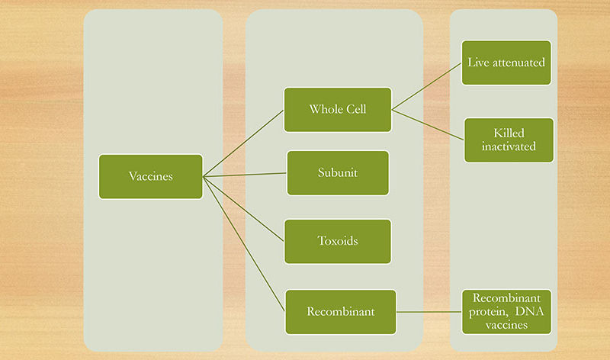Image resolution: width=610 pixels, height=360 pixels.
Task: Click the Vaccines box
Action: [150, 177]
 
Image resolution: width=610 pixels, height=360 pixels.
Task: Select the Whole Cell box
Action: [338, 110]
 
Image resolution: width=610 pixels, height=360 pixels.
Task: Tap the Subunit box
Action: [338, 173]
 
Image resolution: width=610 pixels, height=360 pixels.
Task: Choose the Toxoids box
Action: [338, 241]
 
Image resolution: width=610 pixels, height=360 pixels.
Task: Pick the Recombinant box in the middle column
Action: [341, 312]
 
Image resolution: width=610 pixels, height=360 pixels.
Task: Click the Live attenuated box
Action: [506, 63]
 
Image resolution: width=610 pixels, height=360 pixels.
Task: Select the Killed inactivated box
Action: [509, 140]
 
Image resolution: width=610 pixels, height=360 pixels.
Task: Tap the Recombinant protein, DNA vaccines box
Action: [506, 312]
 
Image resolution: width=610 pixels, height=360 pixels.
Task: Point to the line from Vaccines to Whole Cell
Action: [243, 143]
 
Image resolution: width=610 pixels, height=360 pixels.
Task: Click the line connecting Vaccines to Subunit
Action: [245, 175]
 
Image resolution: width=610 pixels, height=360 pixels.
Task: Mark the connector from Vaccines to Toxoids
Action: [243, 209]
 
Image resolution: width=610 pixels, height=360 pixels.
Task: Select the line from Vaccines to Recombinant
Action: [244, 244]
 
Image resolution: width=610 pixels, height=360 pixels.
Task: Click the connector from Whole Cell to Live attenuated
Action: [427, 86]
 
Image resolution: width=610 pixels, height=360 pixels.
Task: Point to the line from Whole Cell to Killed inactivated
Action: [428, 124]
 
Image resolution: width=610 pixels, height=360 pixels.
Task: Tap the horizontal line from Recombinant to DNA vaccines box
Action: [429, 312]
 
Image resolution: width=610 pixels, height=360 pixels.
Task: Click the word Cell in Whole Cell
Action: [356, 109]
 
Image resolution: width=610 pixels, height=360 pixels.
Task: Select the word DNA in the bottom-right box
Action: [529, 311]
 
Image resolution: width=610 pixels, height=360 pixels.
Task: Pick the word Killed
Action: [509, 133]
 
